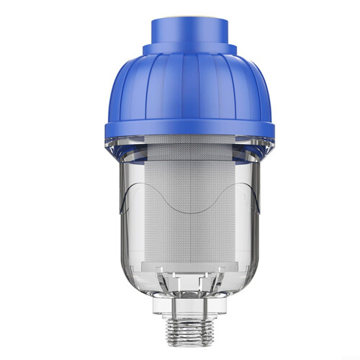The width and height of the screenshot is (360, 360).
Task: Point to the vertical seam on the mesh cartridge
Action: click(x=179, y=216)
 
